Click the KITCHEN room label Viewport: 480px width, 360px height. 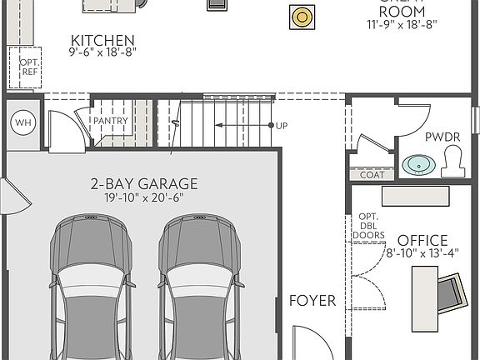click(103, 40)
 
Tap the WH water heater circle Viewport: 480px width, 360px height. click(22, 123)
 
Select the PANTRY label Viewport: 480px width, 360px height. click(110, 121)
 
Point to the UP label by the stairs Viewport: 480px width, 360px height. click(282, 126)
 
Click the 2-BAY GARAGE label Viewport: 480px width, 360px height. click(144, 184)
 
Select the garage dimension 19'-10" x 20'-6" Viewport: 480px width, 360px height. click(144, 198)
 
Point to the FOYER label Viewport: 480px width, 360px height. click(312, 301)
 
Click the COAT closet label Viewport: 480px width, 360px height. click(372, 175)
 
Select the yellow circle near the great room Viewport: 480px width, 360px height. click(301, 16)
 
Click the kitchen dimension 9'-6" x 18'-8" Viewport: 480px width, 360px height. click(102, 52)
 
